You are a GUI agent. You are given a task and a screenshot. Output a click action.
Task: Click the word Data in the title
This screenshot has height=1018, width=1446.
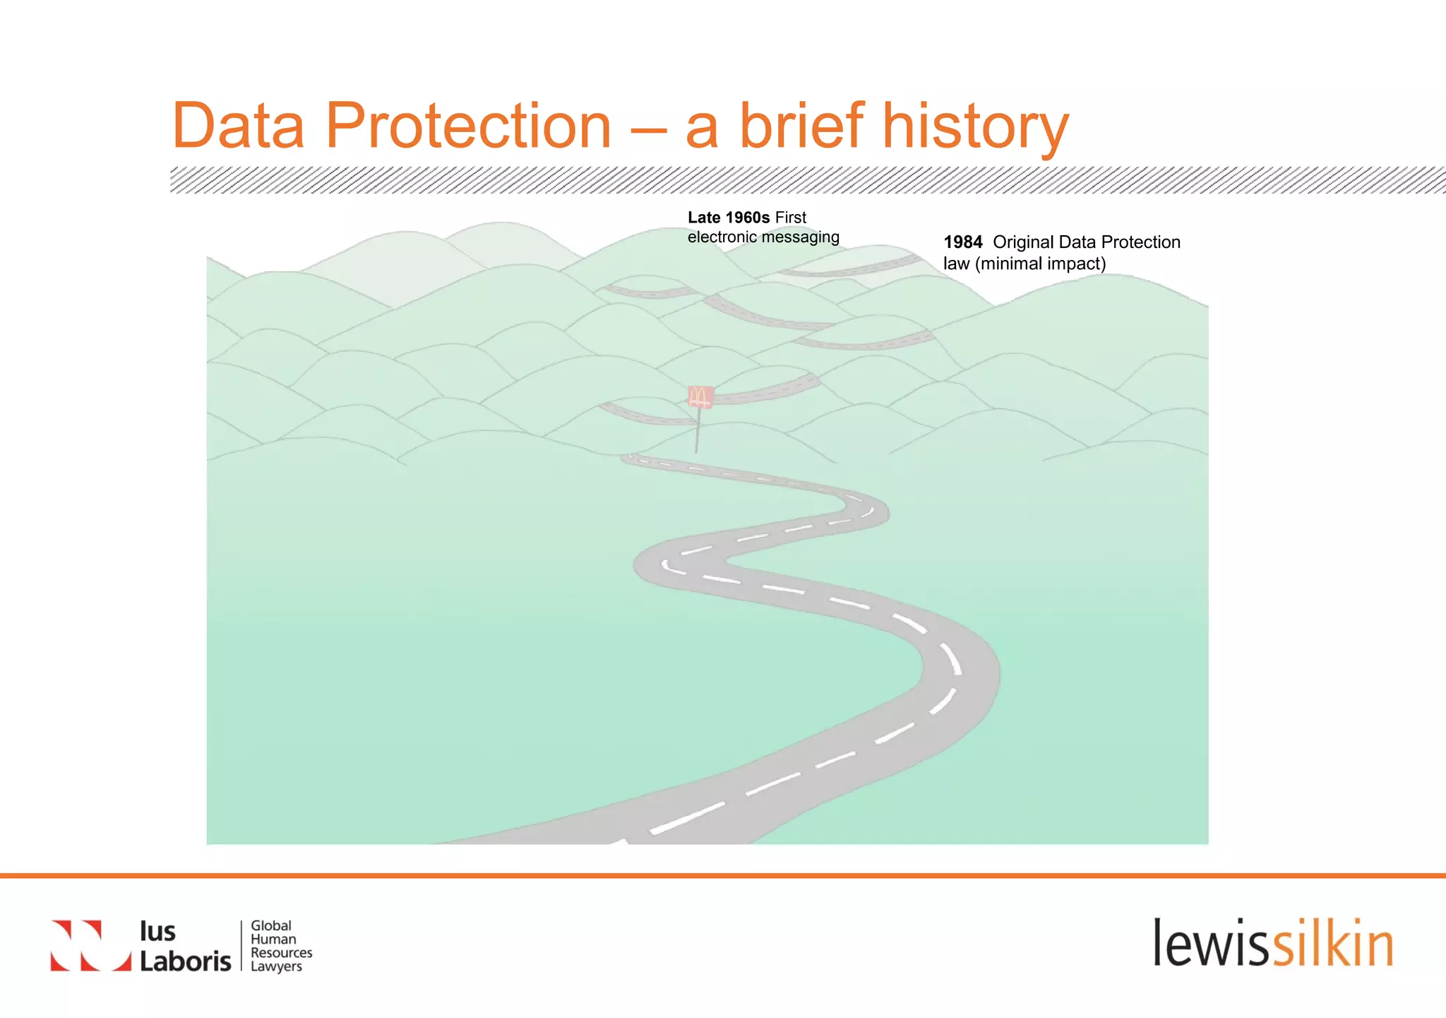point(238,126)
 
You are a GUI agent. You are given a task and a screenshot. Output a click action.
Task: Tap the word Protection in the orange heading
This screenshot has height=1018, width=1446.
point(467,126)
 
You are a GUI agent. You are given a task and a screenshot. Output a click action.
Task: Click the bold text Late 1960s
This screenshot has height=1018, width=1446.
point(728,218)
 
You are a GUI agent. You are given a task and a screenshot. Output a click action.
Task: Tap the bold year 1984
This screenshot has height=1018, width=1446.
point(962,242)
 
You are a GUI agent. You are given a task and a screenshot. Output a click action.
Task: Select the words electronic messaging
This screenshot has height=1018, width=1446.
point(763,237)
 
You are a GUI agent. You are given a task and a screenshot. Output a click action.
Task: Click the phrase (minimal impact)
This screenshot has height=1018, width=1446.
point(1040,264)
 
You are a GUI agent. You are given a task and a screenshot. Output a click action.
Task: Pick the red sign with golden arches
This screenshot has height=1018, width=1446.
point(700,397)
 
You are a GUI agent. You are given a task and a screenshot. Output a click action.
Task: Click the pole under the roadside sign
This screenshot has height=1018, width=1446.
point(698,431)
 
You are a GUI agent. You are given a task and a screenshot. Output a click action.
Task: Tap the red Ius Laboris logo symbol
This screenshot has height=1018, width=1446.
point(90,945)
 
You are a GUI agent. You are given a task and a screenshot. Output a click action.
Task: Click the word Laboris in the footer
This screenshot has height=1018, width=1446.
point(185,961)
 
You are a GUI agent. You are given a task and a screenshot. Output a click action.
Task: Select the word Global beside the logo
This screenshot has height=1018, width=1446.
point(271,925)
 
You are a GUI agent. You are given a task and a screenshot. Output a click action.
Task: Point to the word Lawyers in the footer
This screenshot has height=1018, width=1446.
point(276,966)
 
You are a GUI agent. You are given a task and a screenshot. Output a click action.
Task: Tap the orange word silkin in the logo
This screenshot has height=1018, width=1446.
point(1332,943)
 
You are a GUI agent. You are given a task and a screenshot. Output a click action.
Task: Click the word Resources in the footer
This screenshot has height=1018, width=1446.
point(281,952)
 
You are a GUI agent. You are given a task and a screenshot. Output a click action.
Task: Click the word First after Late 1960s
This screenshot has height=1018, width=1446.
point(790,218)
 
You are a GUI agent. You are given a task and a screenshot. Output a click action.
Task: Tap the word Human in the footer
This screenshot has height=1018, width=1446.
point(273,939)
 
